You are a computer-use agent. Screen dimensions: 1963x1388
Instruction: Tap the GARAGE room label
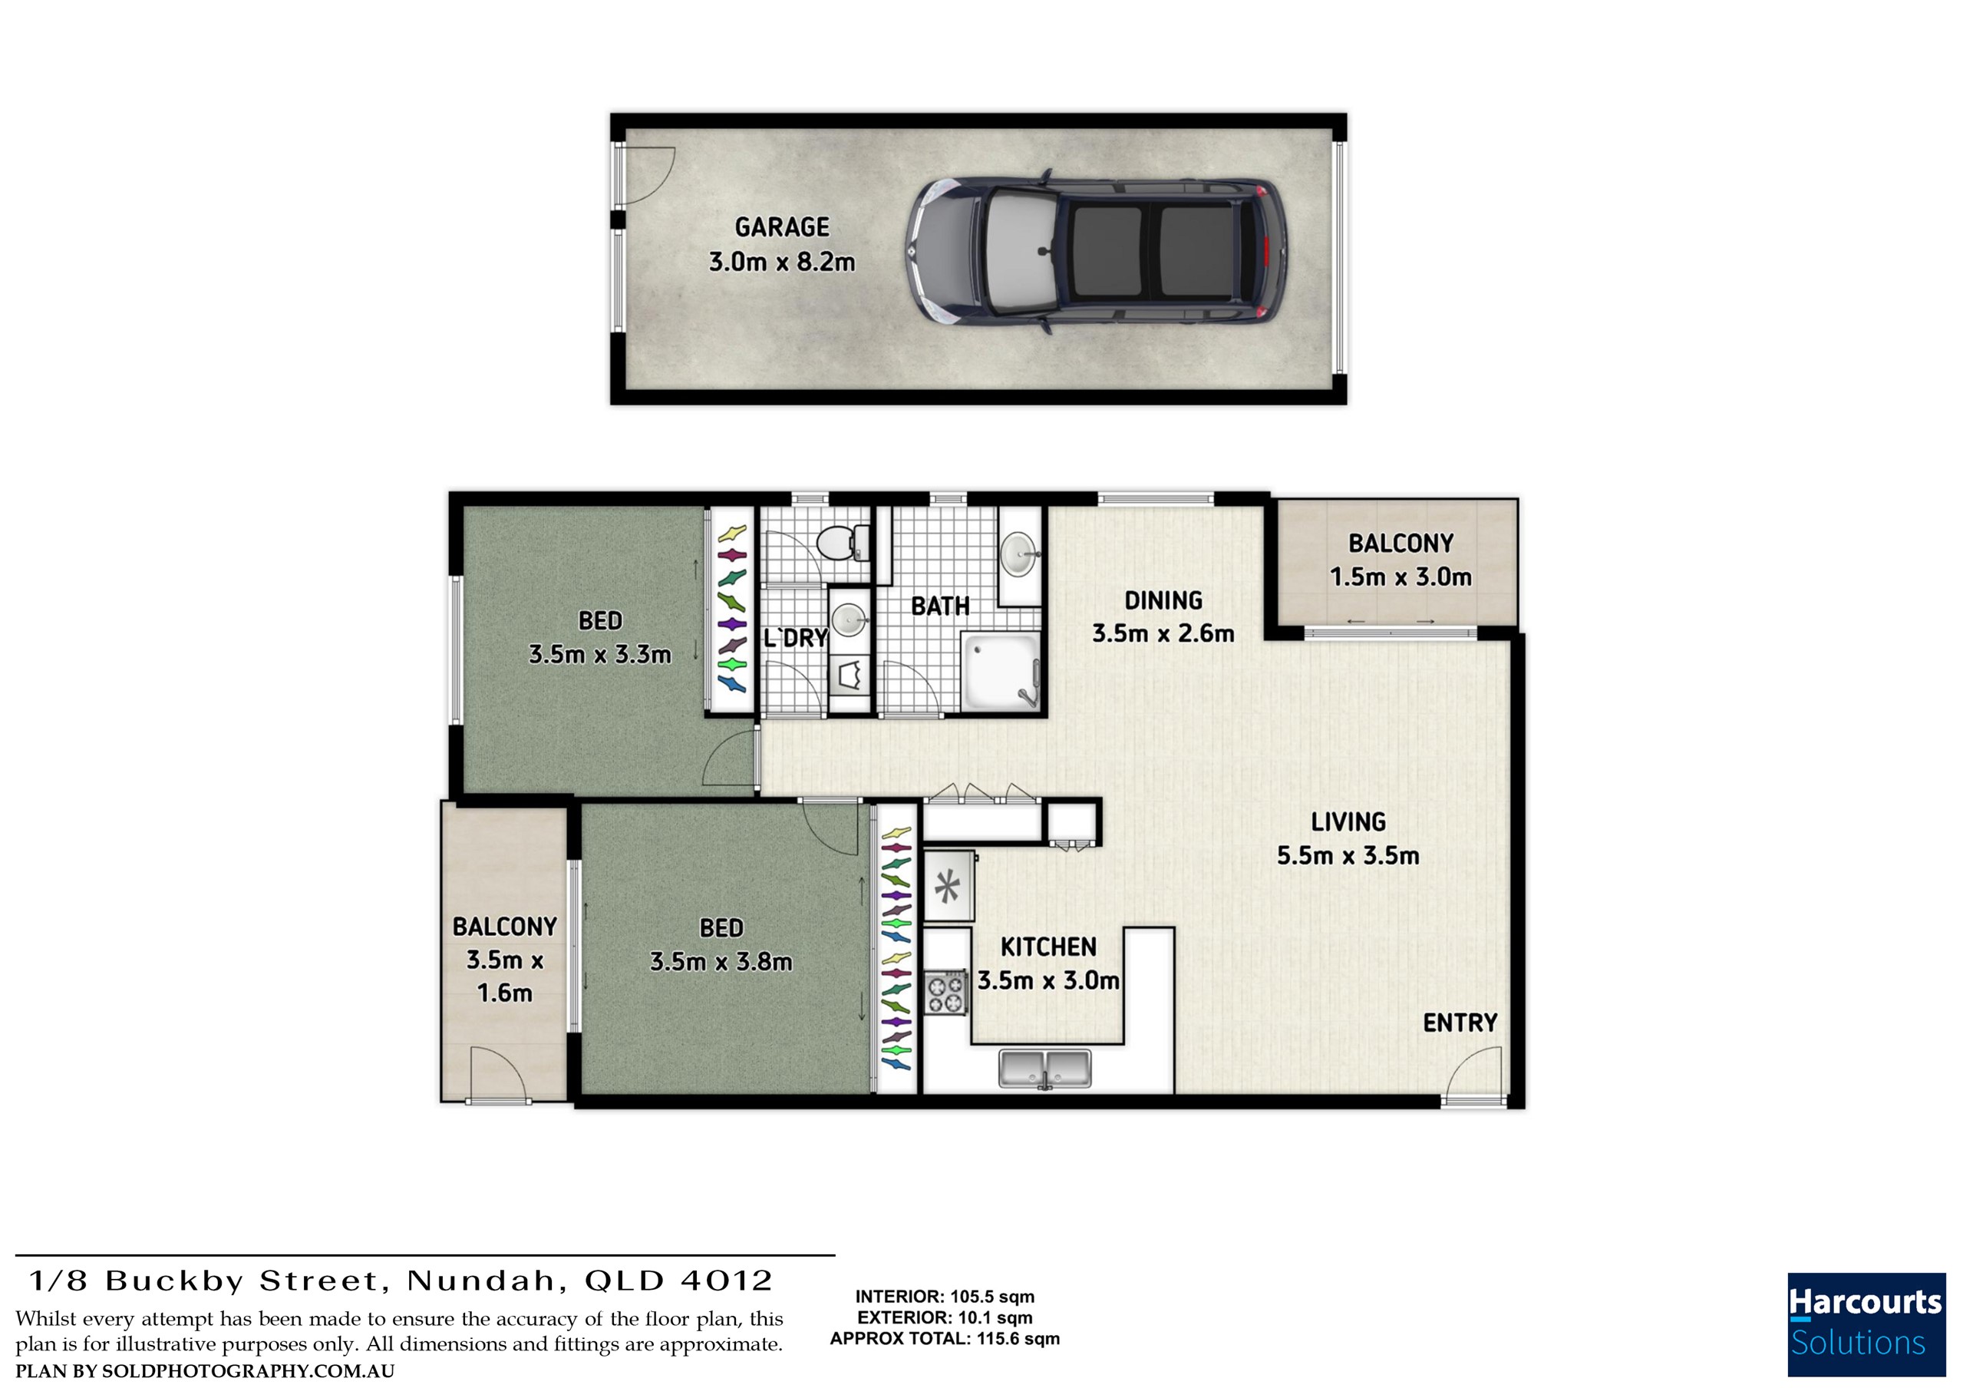[x=781, y=227]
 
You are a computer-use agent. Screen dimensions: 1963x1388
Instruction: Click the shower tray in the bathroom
[x=1001, y=671]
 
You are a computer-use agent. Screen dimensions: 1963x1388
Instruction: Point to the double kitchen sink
[x=1044, y=1069]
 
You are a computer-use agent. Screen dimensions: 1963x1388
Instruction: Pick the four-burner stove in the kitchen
[x=945, y=992]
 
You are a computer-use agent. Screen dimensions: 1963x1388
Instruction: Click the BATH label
[x=939, y=606]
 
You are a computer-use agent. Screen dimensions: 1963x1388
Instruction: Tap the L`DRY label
[x=795, y=638]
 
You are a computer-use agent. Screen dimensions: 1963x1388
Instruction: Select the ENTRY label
[x=1460, y=1023]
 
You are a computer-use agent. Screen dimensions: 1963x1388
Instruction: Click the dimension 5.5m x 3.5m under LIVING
[x=1348, y=855]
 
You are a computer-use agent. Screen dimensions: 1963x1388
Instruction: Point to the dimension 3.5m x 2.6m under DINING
[x=1163, y=633]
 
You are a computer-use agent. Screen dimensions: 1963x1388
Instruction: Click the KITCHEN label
[x=1048, y=947]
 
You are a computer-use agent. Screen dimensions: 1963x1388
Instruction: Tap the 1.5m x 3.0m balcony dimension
[x=1400, y=577]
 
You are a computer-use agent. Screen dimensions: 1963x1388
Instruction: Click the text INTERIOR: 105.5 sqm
[x=945, y=1297]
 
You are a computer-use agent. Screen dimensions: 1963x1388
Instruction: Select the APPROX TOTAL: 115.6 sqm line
[x=945, y=1338]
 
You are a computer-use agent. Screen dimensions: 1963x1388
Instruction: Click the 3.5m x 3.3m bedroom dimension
[x=599, y=655]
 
